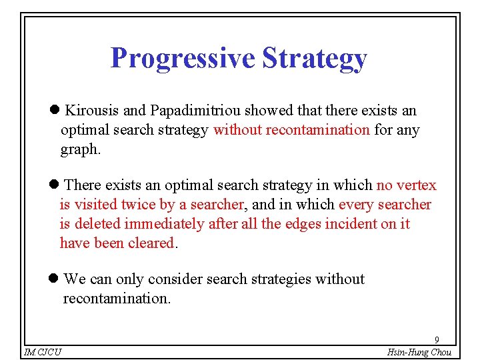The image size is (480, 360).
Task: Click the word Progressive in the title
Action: click(x=183, y=59)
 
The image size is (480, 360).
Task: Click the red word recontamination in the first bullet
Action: click(x=317, y=130)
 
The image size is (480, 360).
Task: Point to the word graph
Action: click(x=80, y=150)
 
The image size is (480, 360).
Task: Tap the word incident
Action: click(x=351, y=224)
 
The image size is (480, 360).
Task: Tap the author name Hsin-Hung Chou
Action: click(x=419, y=352)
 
